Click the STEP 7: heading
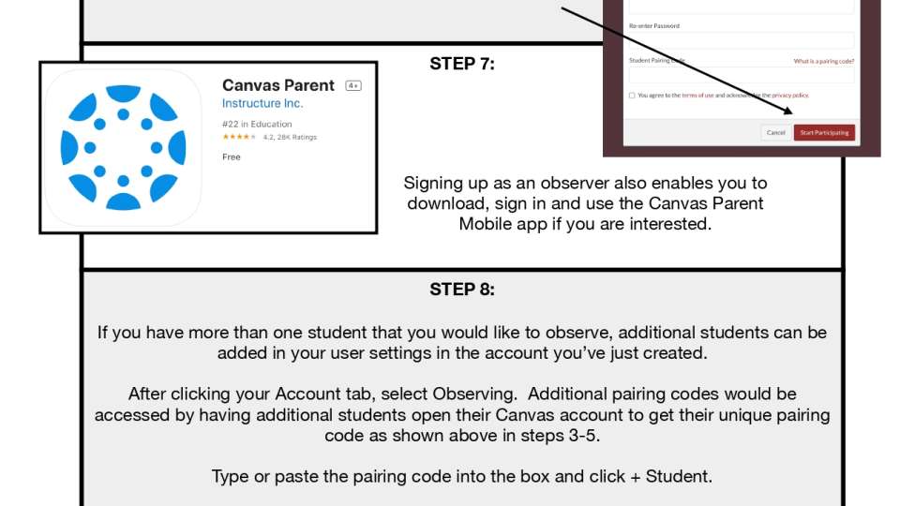click(x=462, y=64)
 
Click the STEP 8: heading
click(x=462, y=290)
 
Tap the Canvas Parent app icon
click(x=123, y=147)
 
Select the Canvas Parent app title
click(x=277, y=85)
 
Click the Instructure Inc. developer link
click(x=262, y=104)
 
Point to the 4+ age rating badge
click(x=353, y=85)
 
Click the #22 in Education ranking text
click(x=257, y=124)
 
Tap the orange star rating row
click(x=239, y=137)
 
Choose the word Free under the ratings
click(x=232, y=156)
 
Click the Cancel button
click(x=775, y=133)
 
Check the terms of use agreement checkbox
click(x=632, y=95)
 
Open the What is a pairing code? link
click(x=823, y=61)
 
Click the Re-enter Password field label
click(x=654, y=25)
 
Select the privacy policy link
click(x=789, y=95)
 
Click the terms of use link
click(x=697, y=95)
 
